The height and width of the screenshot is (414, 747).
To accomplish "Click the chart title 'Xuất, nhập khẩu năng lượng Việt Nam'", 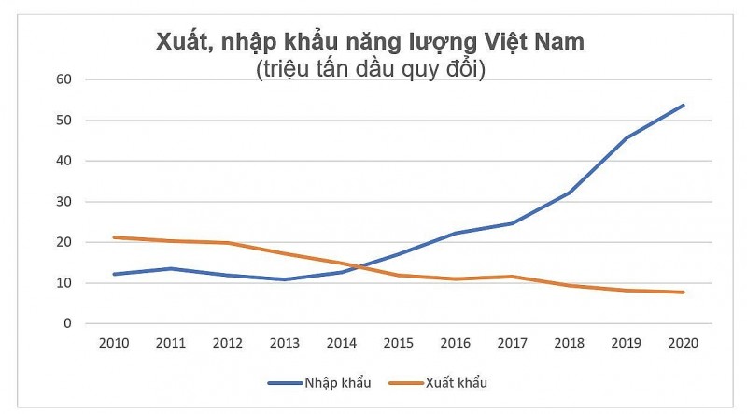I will (x=371, y=43).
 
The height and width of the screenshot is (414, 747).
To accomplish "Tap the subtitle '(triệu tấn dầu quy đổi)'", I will (x=371, y=70).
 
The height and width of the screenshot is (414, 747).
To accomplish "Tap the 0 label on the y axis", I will (x=67, y=324).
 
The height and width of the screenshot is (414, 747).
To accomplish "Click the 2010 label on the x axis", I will (x=113, y=342).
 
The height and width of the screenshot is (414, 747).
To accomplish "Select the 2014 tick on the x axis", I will (x=341, y=342).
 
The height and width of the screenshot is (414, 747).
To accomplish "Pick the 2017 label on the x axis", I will (x=512, y=342).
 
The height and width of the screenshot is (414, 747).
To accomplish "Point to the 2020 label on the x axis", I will (x=684, y=342).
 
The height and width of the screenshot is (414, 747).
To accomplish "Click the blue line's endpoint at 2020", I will (x=684, y=106).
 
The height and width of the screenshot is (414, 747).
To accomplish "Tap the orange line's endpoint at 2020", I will (x=684, y=293).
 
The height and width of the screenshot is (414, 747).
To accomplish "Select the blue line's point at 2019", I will (x=627, y=137).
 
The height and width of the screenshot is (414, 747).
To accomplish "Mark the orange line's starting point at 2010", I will (x=113, y=237).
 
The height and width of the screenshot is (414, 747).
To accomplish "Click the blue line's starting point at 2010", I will (x=113, y=274).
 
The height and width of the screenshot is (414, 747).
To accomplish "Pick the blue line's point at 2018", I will (x=570, y=193).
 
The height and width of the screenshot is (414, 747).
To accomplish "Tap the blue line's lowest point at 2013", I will (x=284, y=279).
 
